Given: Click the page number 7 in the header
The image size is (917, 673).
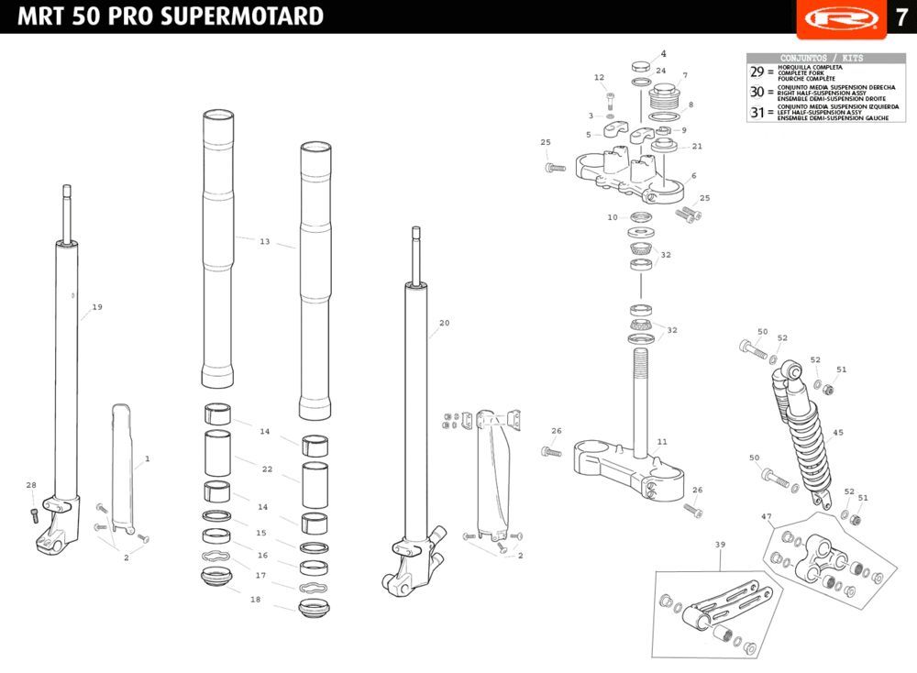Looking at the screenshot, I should coord(900,17).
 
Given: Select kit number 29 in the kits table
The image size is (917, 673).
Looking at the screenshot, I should coord(757,72).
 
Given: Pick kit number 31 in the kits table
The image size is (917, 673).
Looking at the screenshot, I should coord(757,113).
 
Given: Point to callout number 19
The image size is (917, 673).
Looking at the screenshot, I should coord(97,307).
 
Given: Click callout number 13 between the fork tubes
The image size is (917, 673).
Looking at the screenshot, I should coord(264,242).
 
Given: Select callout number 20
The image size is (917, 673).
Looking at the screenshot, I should coord(445,323).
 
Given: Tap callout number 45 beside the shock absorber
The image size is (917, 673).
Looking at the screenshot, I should coord(838,433).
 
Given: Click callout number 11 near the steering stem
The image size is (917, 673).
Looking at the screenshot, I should coord(662,442).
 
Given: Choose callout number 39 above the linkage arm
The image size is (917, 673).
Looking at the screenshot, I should coord(720,545).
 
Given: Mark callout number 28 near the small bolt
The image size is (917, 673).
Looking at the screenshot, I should coord(31,485).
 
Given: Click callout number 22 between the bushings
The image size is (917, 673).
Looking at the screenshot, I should coord(267,469).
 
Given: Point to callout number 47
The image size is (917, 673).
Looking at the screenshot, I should coord(766,517).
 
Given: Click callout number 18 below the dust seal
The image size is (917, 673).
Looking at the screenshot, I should coord(255,599).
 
